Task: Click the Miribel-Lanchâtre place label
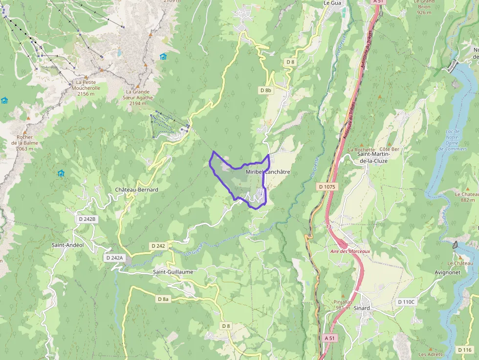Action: click(x=268, y=172)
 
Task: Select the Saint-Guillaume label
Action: click(x=173, y=272)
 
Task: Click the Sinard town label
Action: click(x=362, y=308)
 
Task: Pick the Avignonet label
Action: click(x=447, y=272)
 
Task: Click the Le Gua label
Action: click(x=332, y=3)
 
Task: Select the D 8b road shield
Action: click(x=265, y=90)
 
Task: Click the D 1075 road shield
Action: click(x=327, y=187)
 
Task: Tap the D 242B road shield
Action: click(x=87, y=219)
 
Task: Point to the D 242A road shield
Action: click(x=114, y=257)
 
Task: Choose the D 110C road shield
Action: click(x=406, y=302)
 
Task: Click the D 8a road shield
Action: click(x=163, y=298)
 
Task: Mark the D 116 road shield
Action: click(x=464, y=350)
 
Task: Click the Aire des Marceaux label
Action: click(x=350, y=251)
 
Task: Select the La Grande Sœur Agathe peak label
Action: click(x=137, y=97)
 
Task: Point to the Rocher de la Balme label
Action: click(x=24, y=143)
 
